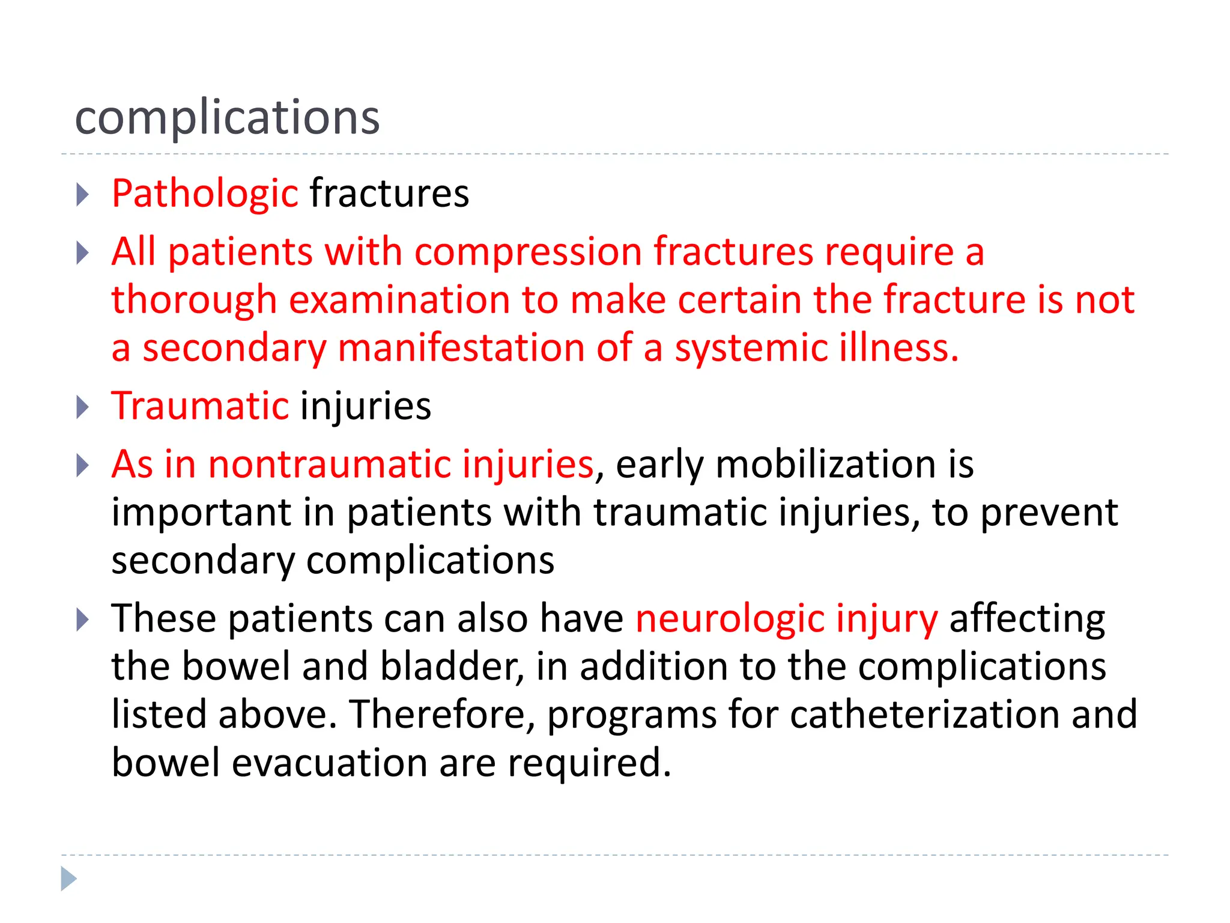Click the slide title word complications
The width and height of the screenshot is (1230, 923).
point(227,117)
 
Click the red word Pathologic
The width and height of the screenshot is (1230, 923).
point(205,194)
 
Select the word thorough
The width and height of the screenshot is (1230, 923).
point(194,300)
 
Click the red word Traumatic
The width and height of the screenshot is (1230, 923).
point(200,406)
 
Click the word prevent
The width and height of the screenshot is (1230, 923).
point(1049,513)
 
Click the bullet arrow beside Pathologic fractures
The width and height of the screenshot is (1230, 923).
point(83,195)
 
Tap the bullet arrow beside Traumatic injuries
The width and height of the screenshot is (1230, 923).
point(83,407)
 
